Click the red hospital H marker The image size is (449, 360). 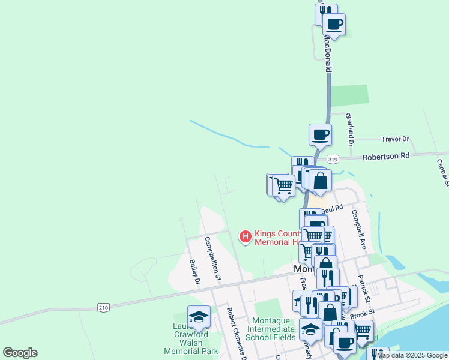click(x=246, y=238)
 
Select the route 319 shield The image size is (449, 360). click(x=334, y=159)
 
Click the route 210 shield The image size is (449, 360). click(x=103, y=308)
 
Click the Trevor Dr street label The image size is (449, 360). click(x=395, y=139)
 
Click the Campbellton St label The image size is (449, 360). click(x=212, y=259)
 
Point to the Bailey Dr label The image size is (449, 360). click(x=194, y=271)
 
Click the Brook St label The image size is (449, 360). click(x=363, y=313)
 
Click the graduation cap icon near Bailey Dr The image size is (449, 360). click(x=199, y=317)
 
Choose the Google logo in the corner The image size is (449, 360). click(x=20, y=353)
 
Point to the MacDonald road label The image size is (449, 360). click(x=328, y=53)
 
